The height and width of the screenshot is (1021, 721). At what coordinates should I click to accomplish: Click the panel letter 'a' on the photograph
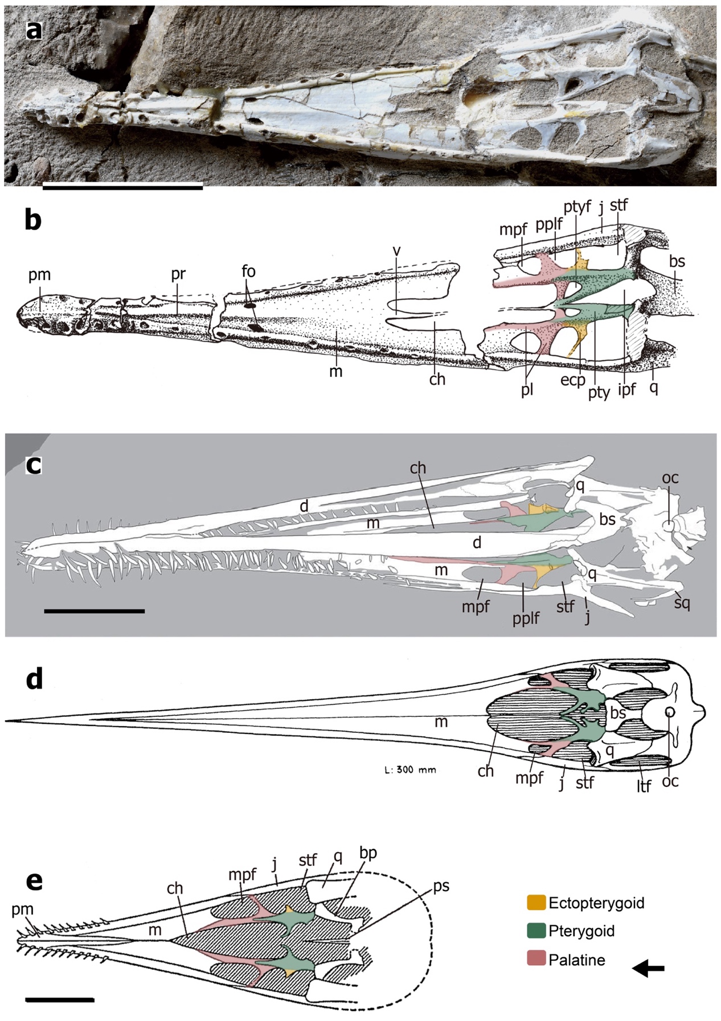tap(34, 30)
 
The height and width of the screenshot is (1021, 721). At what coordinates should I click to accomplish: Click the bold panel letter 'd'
tap(34, 679)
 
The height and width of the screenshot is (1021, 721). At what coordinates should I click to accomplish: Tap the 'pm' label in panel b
tap(39, 274)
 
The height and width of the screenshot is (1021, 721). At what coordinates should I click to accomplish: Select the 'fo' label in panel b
tap(248, 271)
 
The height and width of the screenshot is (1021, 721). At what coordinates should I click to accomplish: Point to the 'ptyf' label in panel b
tap(577, 206)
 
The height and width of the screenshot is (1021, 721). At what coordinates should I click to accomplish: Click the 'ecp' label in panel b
tap(572, 380)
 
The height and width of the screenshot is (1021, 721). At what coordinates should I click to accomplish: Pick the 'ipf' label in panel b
tap(626, 389)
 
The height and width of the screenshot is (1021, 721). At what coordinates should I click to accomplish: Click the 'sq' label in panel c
tap(682, 602)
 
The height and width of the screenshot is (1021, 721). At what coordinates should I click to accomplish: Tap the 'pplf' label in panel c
tap(525, 618)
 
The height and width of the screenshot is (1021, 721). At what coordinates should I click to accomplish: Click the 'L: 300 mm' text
tap(410, 770)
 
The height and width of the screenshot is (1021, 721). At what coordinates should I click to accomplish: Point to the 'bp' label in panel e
tap(368, 853)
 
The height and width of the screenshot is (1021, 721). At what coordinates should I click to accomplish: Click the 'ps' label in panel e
tap(441, 886)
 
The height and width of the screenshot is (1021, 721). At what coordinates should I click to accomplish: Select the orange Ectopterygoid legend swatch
tap(536, 903)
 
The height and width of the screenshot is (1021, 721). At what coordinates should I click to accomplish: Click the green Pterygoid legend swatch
tap(536, 931)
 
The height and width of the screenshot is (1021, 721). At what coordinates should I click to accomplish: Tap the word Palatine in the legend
tap(576, 960)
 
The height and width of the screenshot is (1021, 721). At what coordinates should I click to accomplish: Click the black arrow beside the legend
tap(649, 967)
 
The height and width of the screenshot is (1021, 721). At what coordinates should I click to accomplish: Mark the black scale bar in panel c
tap(94, 611)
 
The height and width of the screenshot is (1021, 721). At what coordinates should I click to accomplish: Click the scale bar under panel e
tap(60, 999)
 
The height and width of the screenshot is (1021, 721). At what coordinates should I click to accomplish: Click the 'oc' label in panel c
tap(670, 478)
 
